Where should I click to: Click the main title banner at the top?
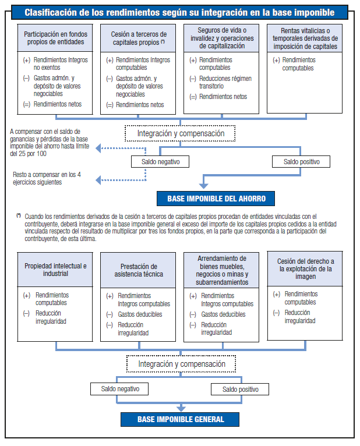pos(179,12)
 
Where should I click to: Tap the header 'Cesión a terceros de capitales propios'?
pos(138,38)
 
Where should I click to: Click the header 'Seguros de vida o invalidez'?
pos(221,38)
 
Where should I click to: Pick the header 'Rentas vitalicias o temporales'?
pos(304,38)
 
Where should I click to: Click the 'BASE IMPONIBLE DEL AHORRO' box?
pos(216,199)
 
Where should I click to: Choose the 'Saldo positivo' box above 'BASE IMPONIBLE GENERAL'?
pos(240,389)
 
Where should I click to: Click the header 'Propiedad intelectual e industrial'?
pos(55,270)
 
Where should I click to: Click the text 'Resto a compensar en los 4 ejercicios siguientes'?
pos(47,178)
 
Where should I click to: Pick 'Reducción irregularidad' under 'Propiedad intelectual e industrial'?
pos(51,317)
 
